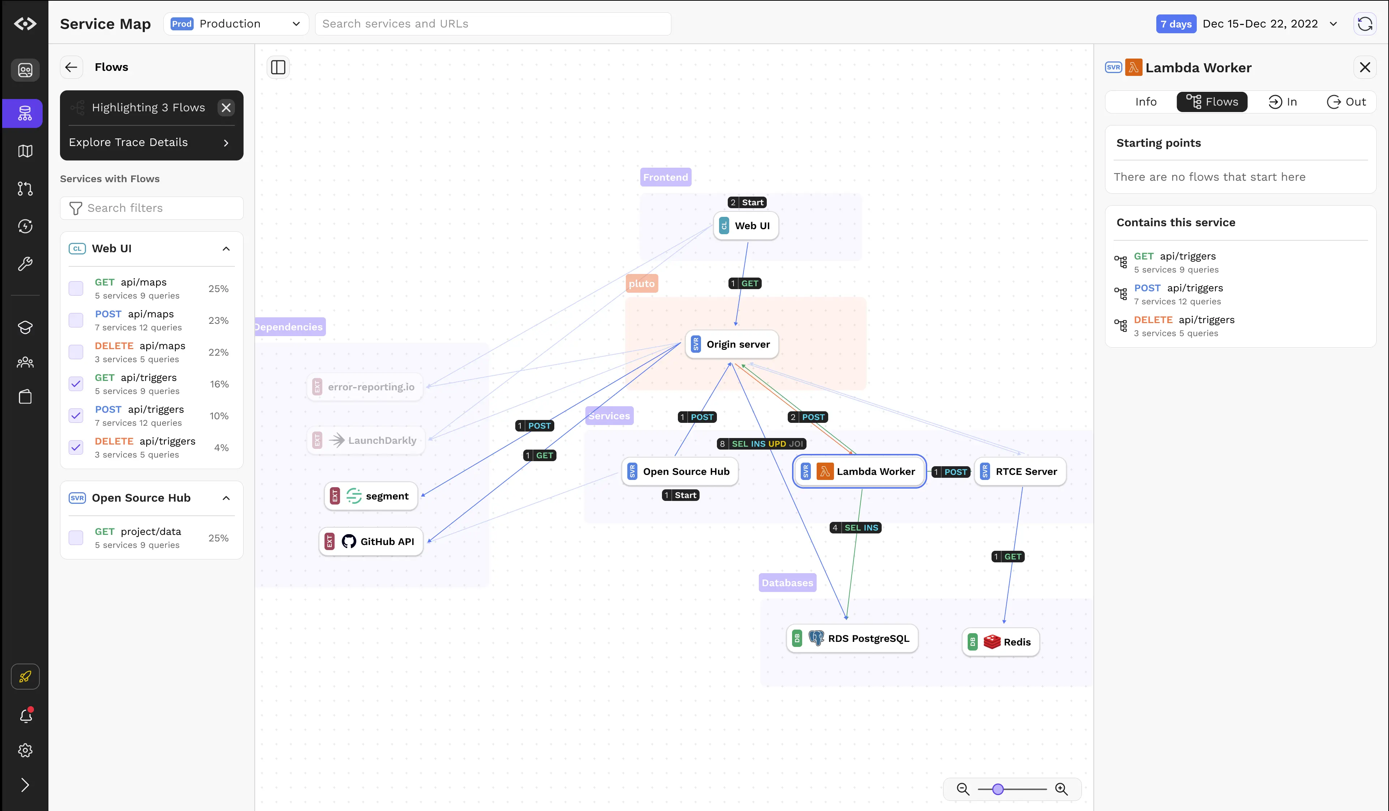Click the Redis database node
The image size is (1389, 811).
[1001, 642]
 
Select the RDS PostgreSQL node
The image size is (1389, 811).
[852, 639]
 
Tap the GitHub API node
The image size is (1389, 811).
[371, 541]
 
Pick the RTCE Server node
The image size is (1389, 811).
[1020, 471]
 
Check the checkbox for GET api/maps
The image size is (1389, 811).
[76, 288]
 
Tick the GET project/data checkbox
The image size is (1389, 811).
[76, 537]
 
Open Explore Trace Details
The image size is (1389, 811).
[149, 142]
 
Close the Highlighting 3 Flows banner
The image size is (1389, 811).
[226, 107]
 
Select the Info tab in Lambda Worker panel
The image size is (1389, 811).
[1145, 102]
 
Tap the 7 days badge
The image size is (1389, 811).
[1176, 24]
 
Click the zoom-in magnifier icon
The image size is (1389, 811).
[1061, 789]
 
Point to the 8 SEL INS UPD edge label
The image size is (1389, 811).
[761, 444]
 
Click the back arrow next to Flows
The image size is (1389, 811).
[71, 67]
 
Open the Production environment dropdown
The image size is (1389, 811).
[236, 24]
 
